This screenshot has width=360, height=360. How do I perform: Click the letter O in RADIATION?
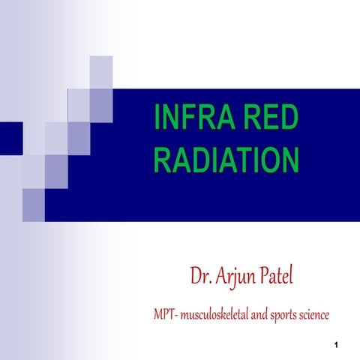click(x=267, y=161)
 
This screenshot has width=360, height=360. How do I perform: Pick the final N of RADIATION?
click(x=288, y=161)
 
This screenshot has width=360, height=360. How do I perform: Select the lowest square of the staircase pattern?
click(x=34, y=199)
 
